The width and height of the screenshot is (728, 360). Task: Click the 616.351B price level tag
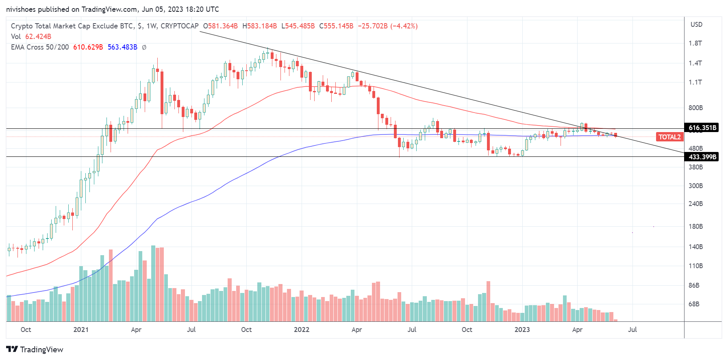coord(702,128)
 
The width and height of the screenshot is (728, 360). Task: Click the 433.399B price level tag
coord(702,157)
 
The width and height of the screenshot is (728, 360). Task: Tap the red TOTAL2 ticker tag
coord(669,137)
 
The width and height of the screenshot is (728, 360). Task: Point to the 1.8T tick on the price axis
coord(695,43)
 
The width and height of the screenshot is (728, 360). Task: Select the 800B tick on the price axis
coord(695,108)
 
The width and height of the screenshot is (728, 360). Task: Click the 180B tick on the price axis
coord(695,226)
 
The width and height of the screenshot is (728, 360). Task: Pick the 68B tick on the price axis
coord(694,304)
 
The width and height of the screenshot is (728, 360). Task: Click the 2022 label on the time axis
coord(302,330)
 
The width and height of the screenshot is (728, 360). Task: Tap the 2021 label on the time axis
coord(81,330)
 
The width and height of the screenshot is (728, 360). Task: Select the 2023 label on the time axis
coord(522,330)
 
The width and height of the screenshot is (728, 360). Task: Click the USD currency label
coord(696,24)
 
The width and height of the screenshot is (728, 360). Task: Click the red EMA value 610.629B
coord(88,47)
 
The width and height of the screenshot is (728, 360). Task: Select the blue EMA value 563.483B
coord(122,47)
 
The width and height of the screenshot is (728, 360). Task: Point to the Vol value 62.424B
coord(38,37)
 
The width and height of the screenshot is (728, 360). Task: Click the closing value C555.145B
coord(336,26)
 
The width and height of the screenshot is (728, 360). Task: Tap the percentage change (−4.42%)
coord(404,26)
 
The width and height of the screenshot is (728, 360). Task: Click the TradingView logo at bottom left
coord(35,349)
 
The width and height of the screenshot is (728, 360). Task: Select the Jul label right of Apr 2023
coord(632,330)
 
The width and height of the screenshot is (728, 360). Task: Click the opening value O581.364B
coord(220,26)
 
